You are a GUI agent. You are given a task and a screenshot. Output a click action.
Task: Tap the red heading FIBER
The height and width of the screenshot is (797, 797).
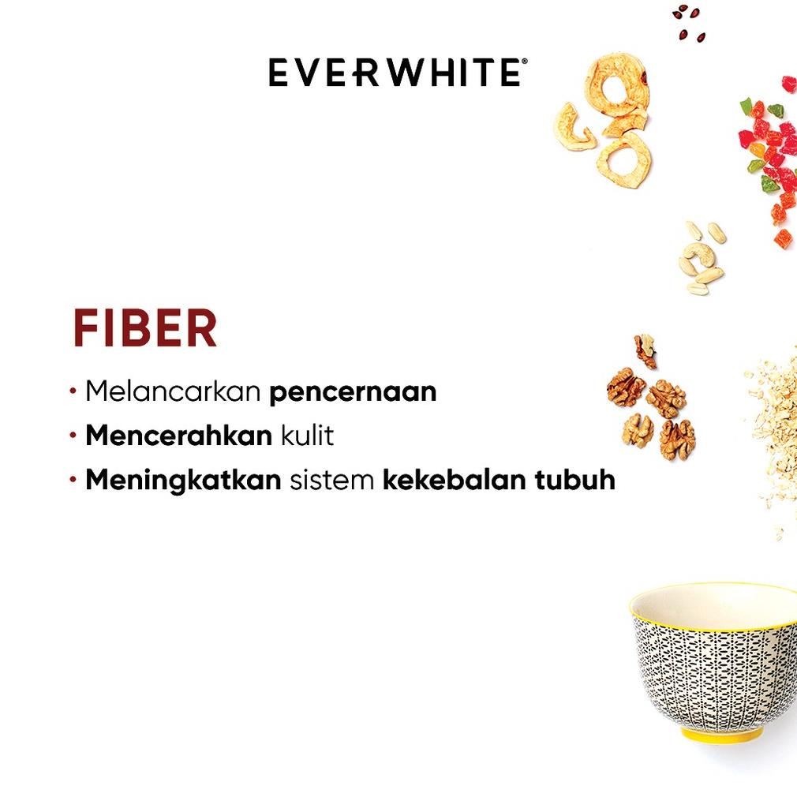[x=145, y=327]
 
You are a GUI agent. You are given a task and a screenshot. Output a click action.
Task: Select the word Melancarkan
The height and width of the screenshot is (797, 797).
[x=173, y=391]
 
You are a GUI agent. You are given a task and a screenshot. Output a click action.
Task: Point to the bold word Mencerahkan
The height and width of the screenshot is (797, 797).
[x=179, y=435]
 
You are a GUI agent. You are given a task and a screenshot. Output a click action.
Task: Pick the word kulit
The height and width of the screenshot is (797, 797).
[x=308, y=435]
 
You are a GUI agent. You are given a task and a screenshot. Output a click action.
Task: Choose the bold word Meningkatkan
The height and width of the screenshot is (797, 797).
[x=183, y=481]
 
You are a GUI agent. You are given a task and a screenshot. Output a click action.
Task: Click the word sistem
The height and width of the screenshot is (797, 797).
[x=332, y=481]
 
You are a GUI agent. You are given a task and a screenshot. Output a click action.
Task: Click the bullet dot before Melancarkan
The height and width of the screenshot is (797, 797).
[x=73, y=391]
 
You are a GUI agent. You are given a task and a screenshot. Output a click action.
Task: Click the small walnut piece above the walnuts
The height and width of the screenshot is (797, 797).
[x=645, y=350]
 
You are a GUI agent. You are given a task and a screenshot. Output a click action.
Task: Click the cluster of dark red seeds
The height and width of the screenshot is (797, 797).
[x=689, y=23]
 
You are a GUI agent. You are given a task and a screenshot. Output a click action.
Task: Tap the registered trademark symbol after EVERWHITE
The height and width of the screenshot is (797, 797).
[x=525, y=61]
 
